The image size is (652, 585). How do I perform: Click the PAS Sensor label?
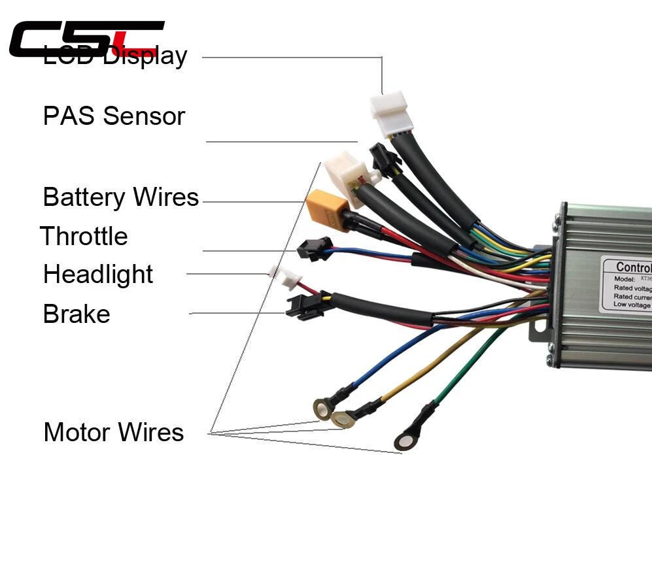click(x=114, y=116)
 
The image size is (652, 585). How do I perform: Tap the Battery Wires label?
click(x=120, y=197)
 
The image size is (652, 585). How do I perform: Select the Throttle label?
click(x=84, y=236)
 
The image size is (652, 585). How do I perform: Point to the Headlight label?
click(x=98, y=275)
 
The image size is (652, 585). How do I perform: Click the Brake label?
click(x=77, y=314)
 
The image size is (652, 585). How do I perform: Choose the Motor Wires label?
click(x=114, y=433)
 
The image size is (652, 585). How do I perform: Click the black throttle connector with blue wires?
click(x=313, y=249)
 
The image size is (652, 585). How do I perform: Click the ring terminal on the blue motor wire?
click(x=321, y=408)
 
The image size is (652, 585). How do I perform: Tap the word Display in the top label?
click(x=145, y=57)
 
